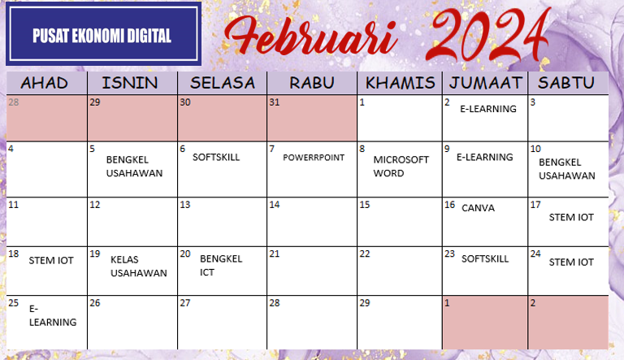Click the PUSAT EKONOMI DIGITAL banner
tap(103, 34)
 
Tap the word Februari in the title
tap(311, 36)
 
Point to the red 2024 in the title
tap(488, 34)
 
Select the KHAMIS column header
tap(400, 83)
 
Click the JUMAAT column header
tap(485, 83)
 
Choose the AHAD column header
tap(44, 83)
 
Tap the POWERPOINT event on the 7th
tap(314, 158)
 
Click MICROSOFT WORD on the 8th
tap(401, 167)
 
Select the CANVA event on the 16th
tap(478, 208)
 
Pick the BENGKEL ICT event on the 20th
tap(221, 266)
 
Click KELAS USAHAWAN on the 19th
tap(138, 267)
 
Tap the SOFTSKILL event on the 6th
tap(216, 158)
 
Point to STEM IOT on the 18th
tap(51, 260)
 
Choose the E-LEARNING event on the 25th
tap(53, 315)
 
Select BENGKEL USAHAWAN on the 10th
tap(566, 169)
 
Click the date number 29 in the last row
tap(365, 303)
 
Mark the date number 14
tap(275, 205)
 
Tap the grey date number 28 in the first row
tap(14, 102)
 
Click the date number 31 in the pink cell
tap(274, 102)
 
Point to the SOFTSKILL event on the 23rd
tap(485, 259)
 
